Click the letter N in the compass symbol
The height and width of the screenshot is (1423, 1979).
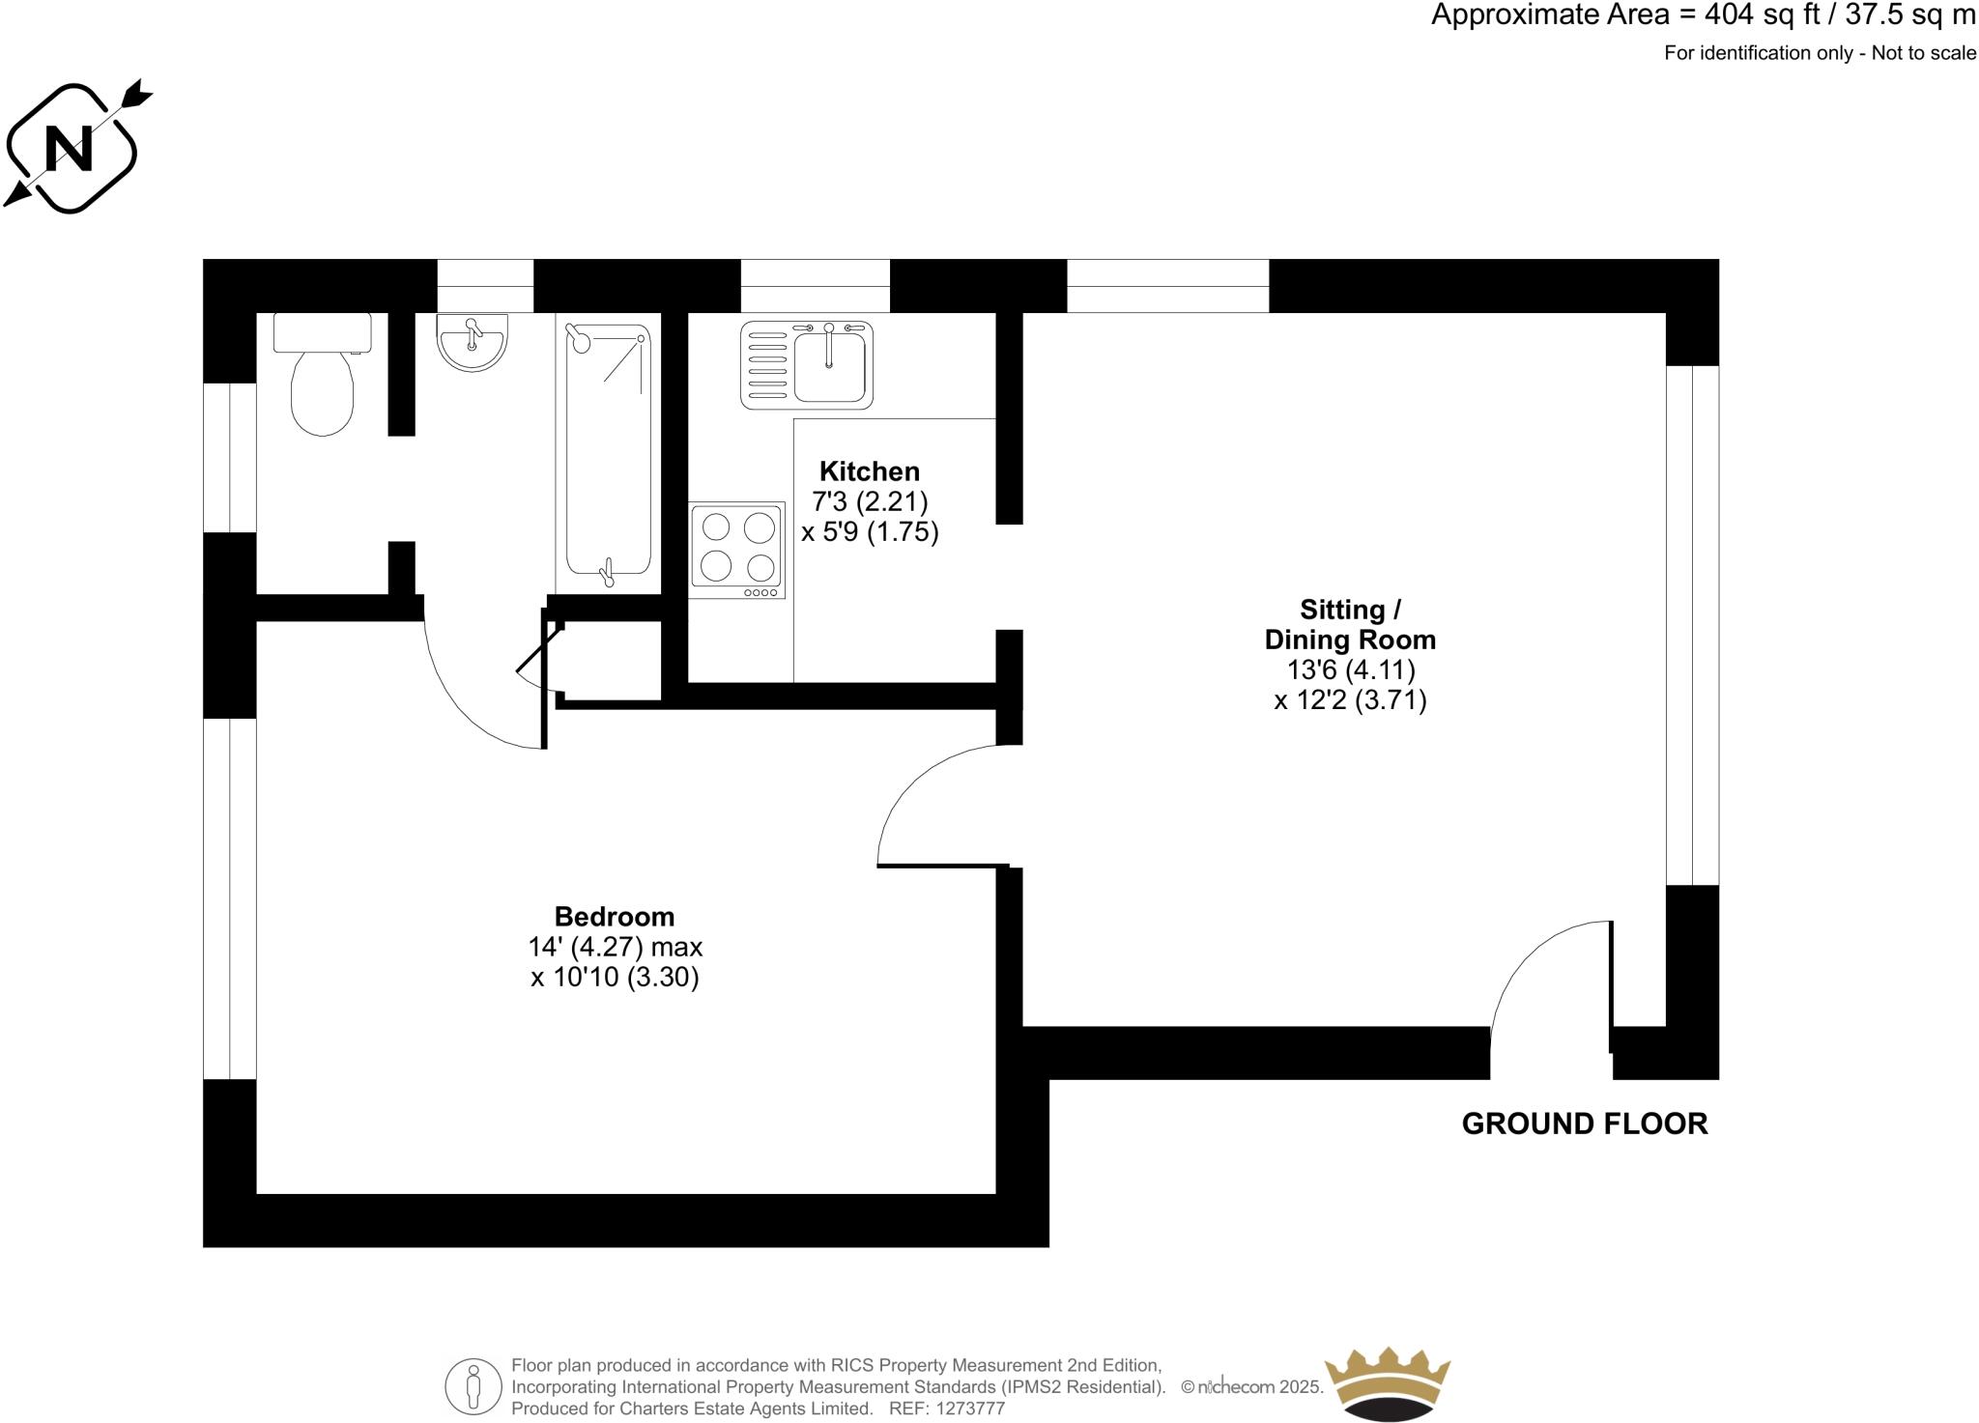69,148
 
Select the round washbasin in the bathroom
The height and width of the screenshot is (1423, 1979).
472,342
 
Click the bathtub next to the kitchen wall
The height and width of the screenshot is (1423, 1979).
608,454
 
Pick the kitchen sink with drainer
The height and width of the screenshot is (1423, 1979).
807,364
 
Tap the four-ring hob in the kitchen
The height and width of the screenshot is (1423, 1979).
736,550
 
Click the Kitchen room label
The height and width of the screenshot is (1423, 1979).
869,471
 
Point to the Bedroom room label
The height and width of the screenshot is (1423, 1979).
615,916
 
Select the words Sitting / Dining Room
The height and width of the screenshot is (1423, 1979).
1350,624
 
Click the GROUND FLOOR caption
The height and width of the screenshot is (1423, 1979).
1584,1124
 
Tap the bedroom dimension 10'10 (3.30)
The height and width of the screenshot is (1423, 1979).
615,977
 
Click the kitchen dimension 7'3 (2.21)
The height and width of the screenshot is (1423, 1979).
869,501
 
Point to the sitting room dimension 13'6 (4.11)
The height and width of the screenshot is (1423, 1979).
1350,669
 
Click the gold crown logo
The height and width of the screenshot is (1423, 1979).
1387,1382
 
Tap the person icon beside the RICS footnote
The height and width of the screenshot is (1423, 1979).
473,1386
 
